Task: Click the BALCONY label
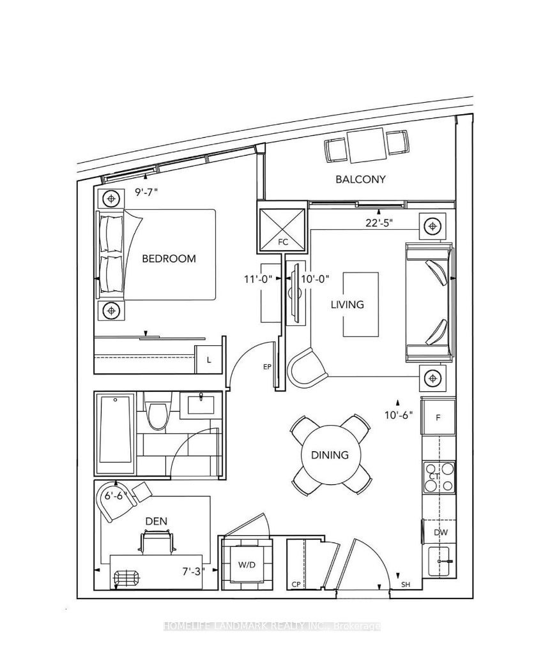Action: [x=360, y=179]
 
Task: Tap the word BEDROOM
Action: [x=169, y=258]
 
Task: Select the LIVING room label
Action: [x=348, y=304]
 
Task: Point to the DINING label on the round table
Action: [x=330, y=455]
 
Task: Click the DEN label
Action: [x=156, y=521]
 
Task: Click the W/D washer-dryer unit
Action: [x=247, y=565]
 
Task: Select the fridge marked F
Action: [x=438, y=418]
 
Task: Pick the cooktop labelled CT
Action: [x=439, y=477]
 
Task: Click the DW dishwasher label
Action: [x=441, y=533]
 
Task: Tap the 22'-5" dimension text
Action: [x=379, y=223]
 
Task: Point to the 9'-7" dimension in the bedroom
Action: [x=146, y=192]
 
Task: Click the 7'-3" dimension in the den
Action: [x=194, y=571]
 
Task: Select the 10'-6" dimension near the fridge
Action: [x=399, y=415]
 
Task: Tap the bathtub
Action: [x=116, y=435]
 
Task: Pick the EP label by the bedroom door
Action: [x=266, y=366]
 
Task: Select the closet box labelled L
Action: [x=208, y=359]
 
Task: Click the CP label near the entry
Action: [x=296, y=585]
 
